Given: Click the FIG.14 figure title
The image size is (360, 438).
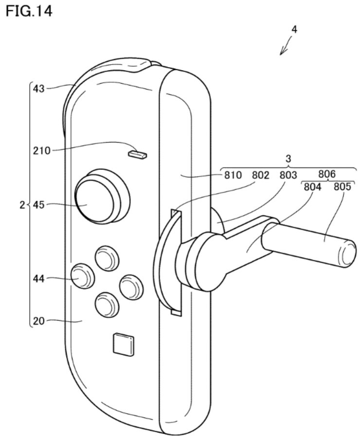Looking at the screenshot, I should (x=28, y=10).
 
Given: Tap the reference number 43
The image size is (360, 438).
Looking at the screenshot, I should (x=38, y=89).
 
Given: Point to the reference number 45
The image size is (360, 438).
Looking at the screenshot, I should (x=38, y=205).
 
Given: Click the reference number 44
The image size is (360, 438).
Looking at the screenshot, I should (x=38, y=278).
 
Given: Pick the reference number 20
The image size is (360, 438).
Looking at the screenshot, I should (x=38, y=321).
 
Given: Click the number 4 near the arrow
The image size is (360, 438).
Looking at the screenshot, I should (x=294, y=29).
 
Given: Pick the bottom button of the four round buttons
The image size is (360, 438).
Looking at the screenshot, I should (x=107, y=305).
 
